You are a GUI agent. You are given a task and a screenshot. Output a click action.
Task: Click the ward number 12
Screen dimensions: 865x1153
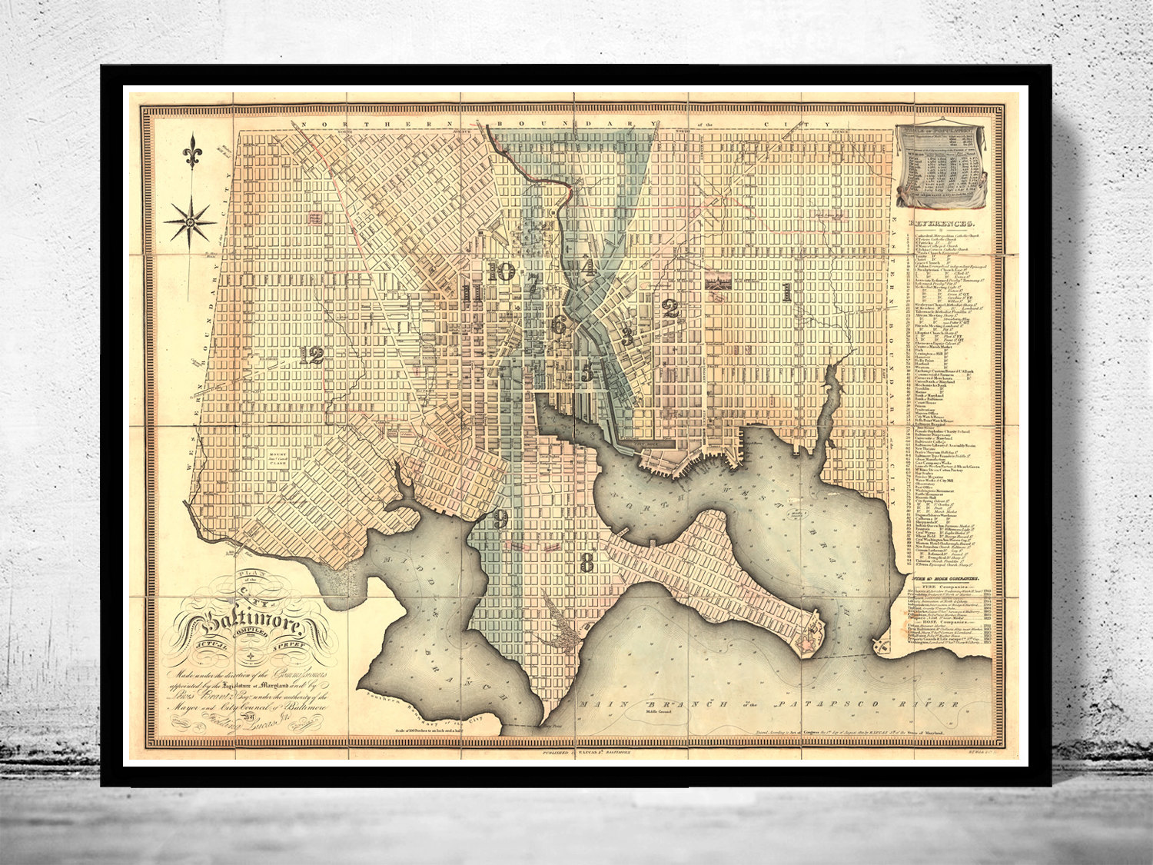click(x=312, y=354)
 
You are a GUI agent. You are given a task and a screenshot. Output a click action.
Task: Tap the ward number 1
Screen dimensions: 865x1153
click(x=786, y=291)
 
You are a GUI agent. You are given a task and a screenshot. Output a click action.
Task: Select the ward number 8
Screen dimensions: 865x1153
click(x=587, y=563)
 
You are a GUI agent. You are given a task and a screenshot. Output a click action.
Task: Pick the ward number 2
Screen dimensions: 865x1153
click(x=670, y=309)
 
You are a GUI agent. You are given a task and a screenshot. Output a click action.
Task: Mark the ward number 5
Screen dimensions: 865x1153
click(x=587, y=372)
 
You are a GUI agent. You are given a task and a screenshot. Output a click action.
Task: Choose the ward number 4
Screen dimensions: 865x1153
click(x=589, y=267)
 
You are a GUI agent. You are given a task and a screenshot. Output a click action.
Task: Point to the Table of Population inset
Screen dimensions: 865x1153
click(x=942, y=166)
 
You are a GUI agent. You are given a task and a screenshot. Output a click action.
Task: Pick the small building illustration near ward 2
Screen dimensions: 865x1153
click(x=717, y=281)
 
